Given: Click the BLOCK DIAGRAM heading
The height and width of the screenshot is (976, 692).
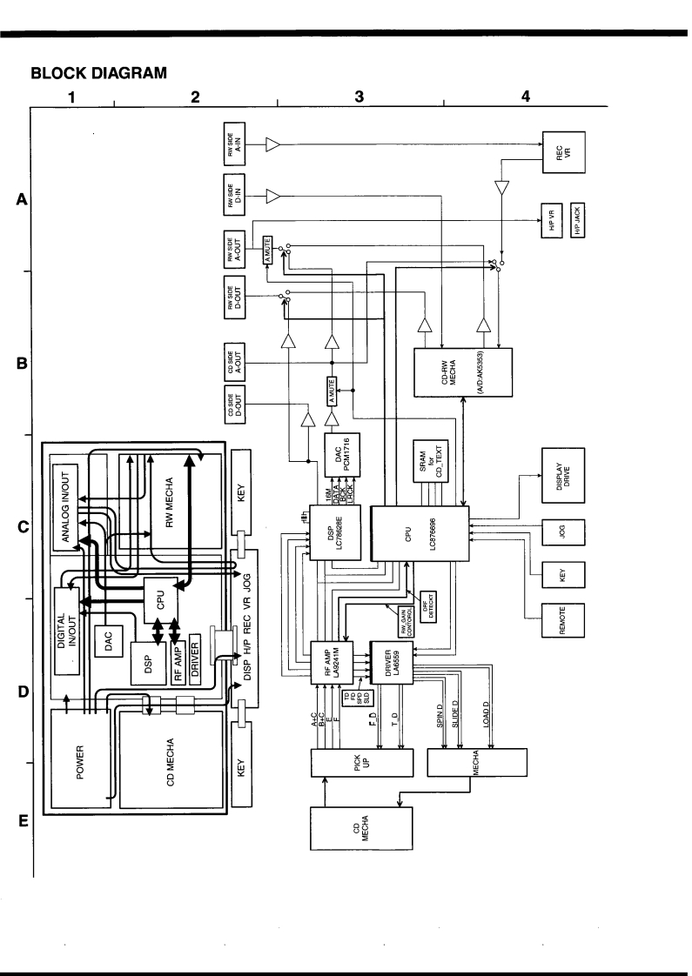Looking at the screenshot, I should click(x=97, y=74).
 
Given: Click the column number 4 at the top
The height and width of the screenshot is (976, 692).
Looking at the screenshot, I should click(x=525, y=97).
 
